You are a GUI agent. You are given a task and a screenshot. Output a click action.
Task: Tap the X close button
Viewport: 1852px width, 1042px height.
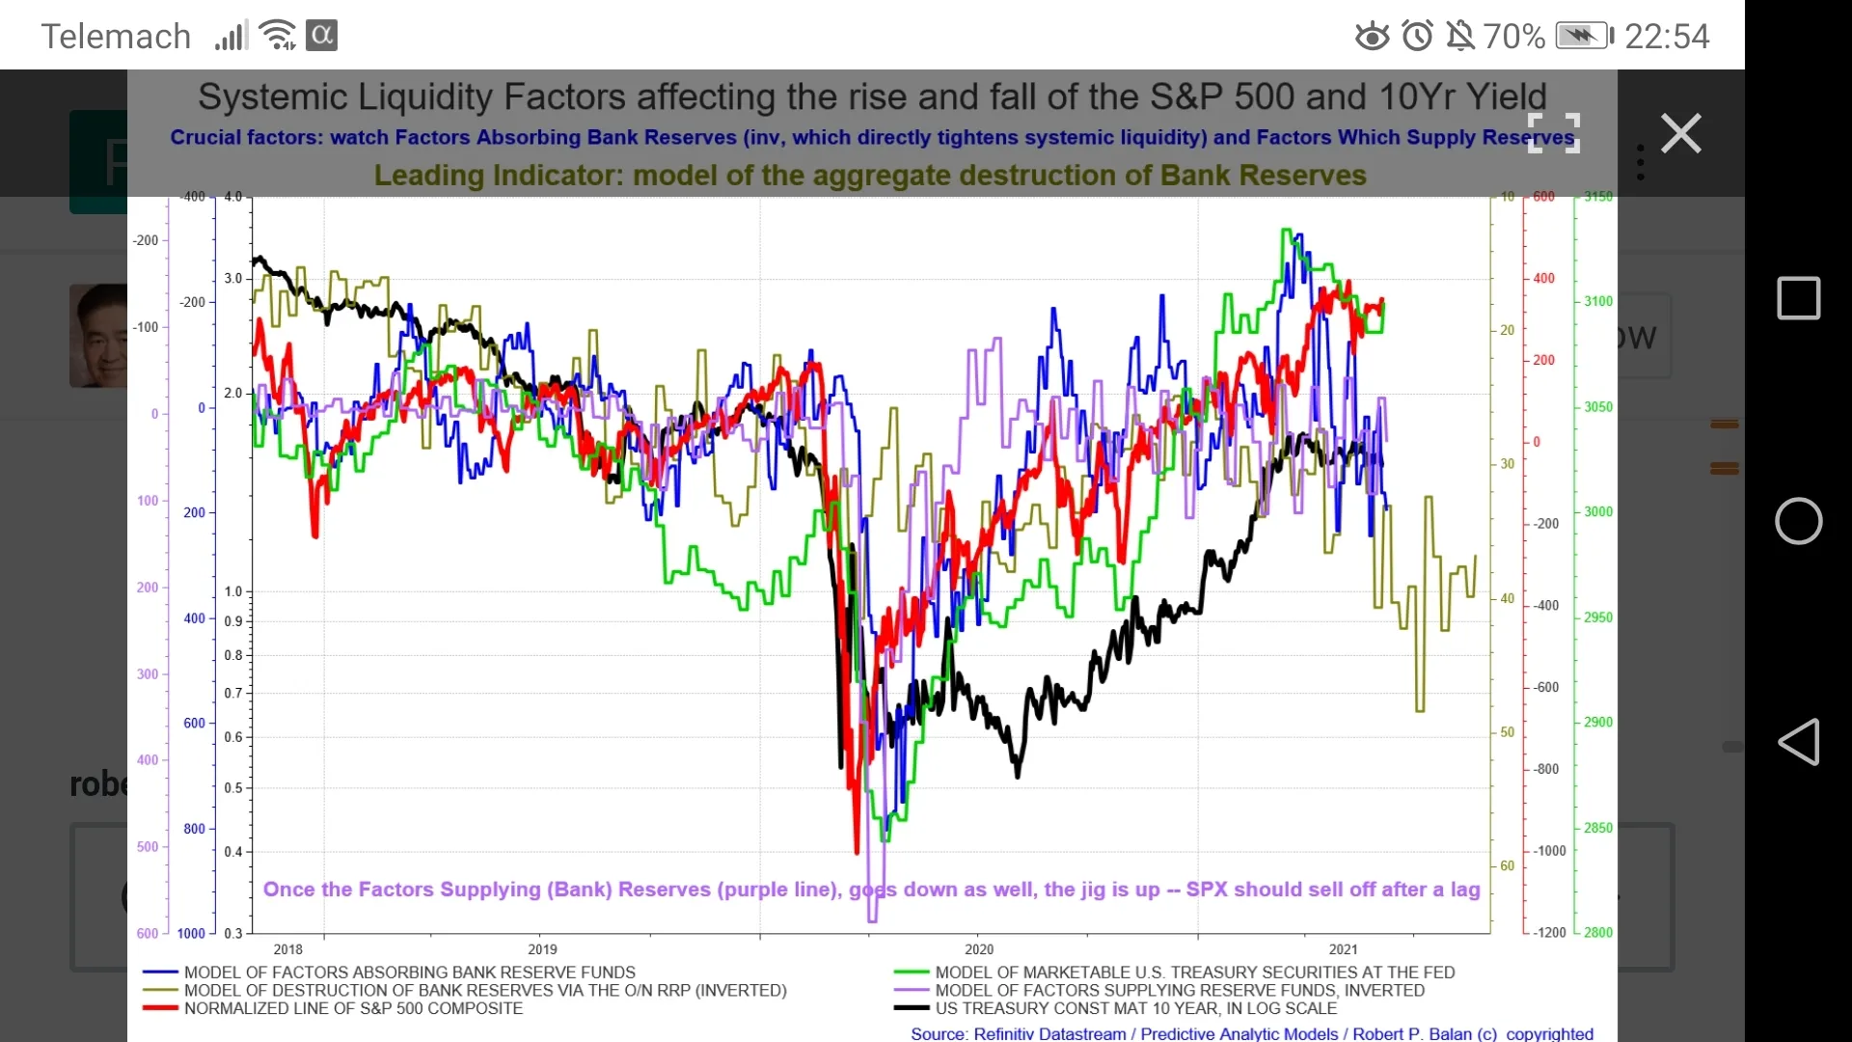pyautogui.click(x=1680, y=133)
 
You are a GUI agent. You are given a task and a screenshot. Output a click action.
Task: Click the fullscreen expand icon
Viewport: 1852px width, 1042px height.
pyautogui.click(x=1553, y=133)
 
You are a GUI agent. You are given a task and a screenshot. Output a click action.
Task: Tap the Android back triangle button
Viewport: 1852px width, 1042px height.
pyautogui.click(x=1798, y=742)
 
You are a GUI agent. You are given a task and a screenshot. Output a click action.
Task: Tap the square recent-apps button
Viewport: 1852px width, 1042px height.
pyautogui.click(x=1798, y=298)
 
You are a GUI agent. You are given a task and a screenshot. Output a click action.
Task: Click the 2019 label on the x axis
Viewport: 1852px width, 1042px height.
pyautogui.click(x=542, y=949)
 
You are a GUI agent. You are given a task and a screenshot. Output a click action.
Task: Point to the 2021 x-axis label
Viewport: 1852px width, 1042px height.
pyautogui.click(x=1343, y=949)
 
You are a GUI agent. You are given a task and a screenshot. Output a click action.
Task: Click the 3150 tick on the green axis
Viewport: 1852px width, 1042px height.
pyautogui.click(x=1597, y=197)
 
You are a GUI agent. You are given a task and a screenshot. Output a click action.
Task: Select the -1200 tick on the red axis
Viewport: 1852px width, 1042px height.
pyautogui.click(x=1549, y=933)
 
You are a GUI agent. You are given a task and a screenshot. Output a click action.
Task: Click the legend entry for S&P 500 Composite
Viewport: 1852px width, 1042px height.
pyautogui.click(x=353, y=1008)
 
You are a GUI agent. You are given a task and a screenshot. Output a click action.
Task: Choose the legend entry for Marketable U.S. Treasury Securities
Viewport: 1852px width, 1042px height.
pyautogui.click(x=1194, y=973)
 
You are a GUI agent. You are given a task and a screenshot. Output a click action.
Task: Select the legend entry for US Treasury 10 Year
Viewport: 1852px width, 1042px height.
pyautogui.click(x=1135, y=1008)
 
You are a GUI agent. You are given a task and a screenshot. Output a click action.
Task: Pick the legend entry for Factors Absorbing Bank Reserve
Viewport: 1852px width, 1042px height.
pyautogui.click(x=409, y=973)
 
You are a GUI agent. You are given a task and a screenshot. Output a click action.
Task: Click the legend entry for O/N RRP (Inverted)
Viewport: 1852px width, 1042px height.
pyautogui.click(x=484, y=991)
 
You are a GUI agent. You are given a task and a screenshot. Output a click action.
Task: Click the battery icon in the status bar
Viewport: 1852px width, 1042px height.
pyautogui.click(x=1584, y=37)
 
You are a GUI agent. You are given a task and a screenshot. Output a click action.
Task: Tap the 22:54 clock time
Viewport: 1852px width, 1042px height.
pyautogui.click(x=1667, y=37)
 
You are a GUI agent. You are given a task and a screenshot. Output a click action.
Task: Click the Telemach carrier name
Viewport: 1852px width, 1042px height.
pyautogui.click(x=116, y=37)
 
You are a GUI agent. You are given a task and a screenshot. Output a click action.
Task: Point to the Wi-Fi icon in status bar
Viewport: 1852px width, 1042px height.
pyautogui.click(x=278, y=36)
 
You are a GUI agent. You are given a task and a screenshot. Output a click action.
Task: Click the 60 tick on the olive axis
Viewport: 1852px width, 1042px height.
pyautogui.click(x=1507, y=866)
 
